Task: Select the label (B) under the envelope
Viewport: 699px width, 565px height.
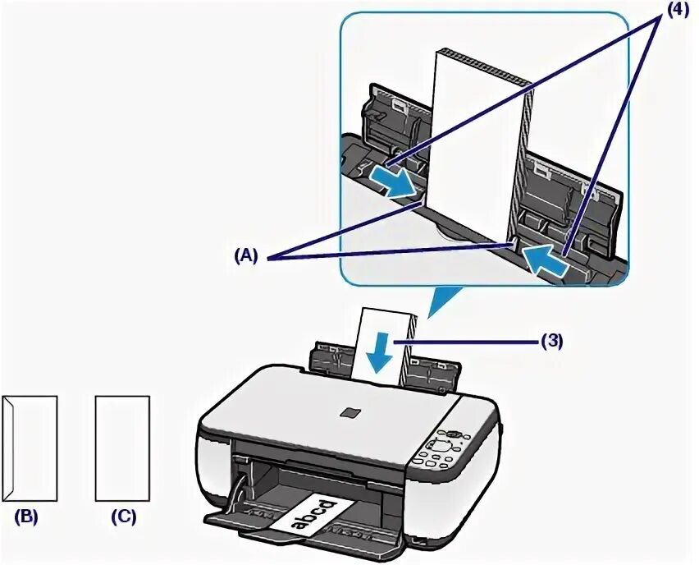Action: [x=26, y=517]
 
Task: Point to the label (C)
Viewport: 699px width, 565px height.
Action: [x=124, y=517]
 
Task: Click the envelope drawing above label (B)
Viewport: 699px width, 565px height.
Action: [x=31, y=448]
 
